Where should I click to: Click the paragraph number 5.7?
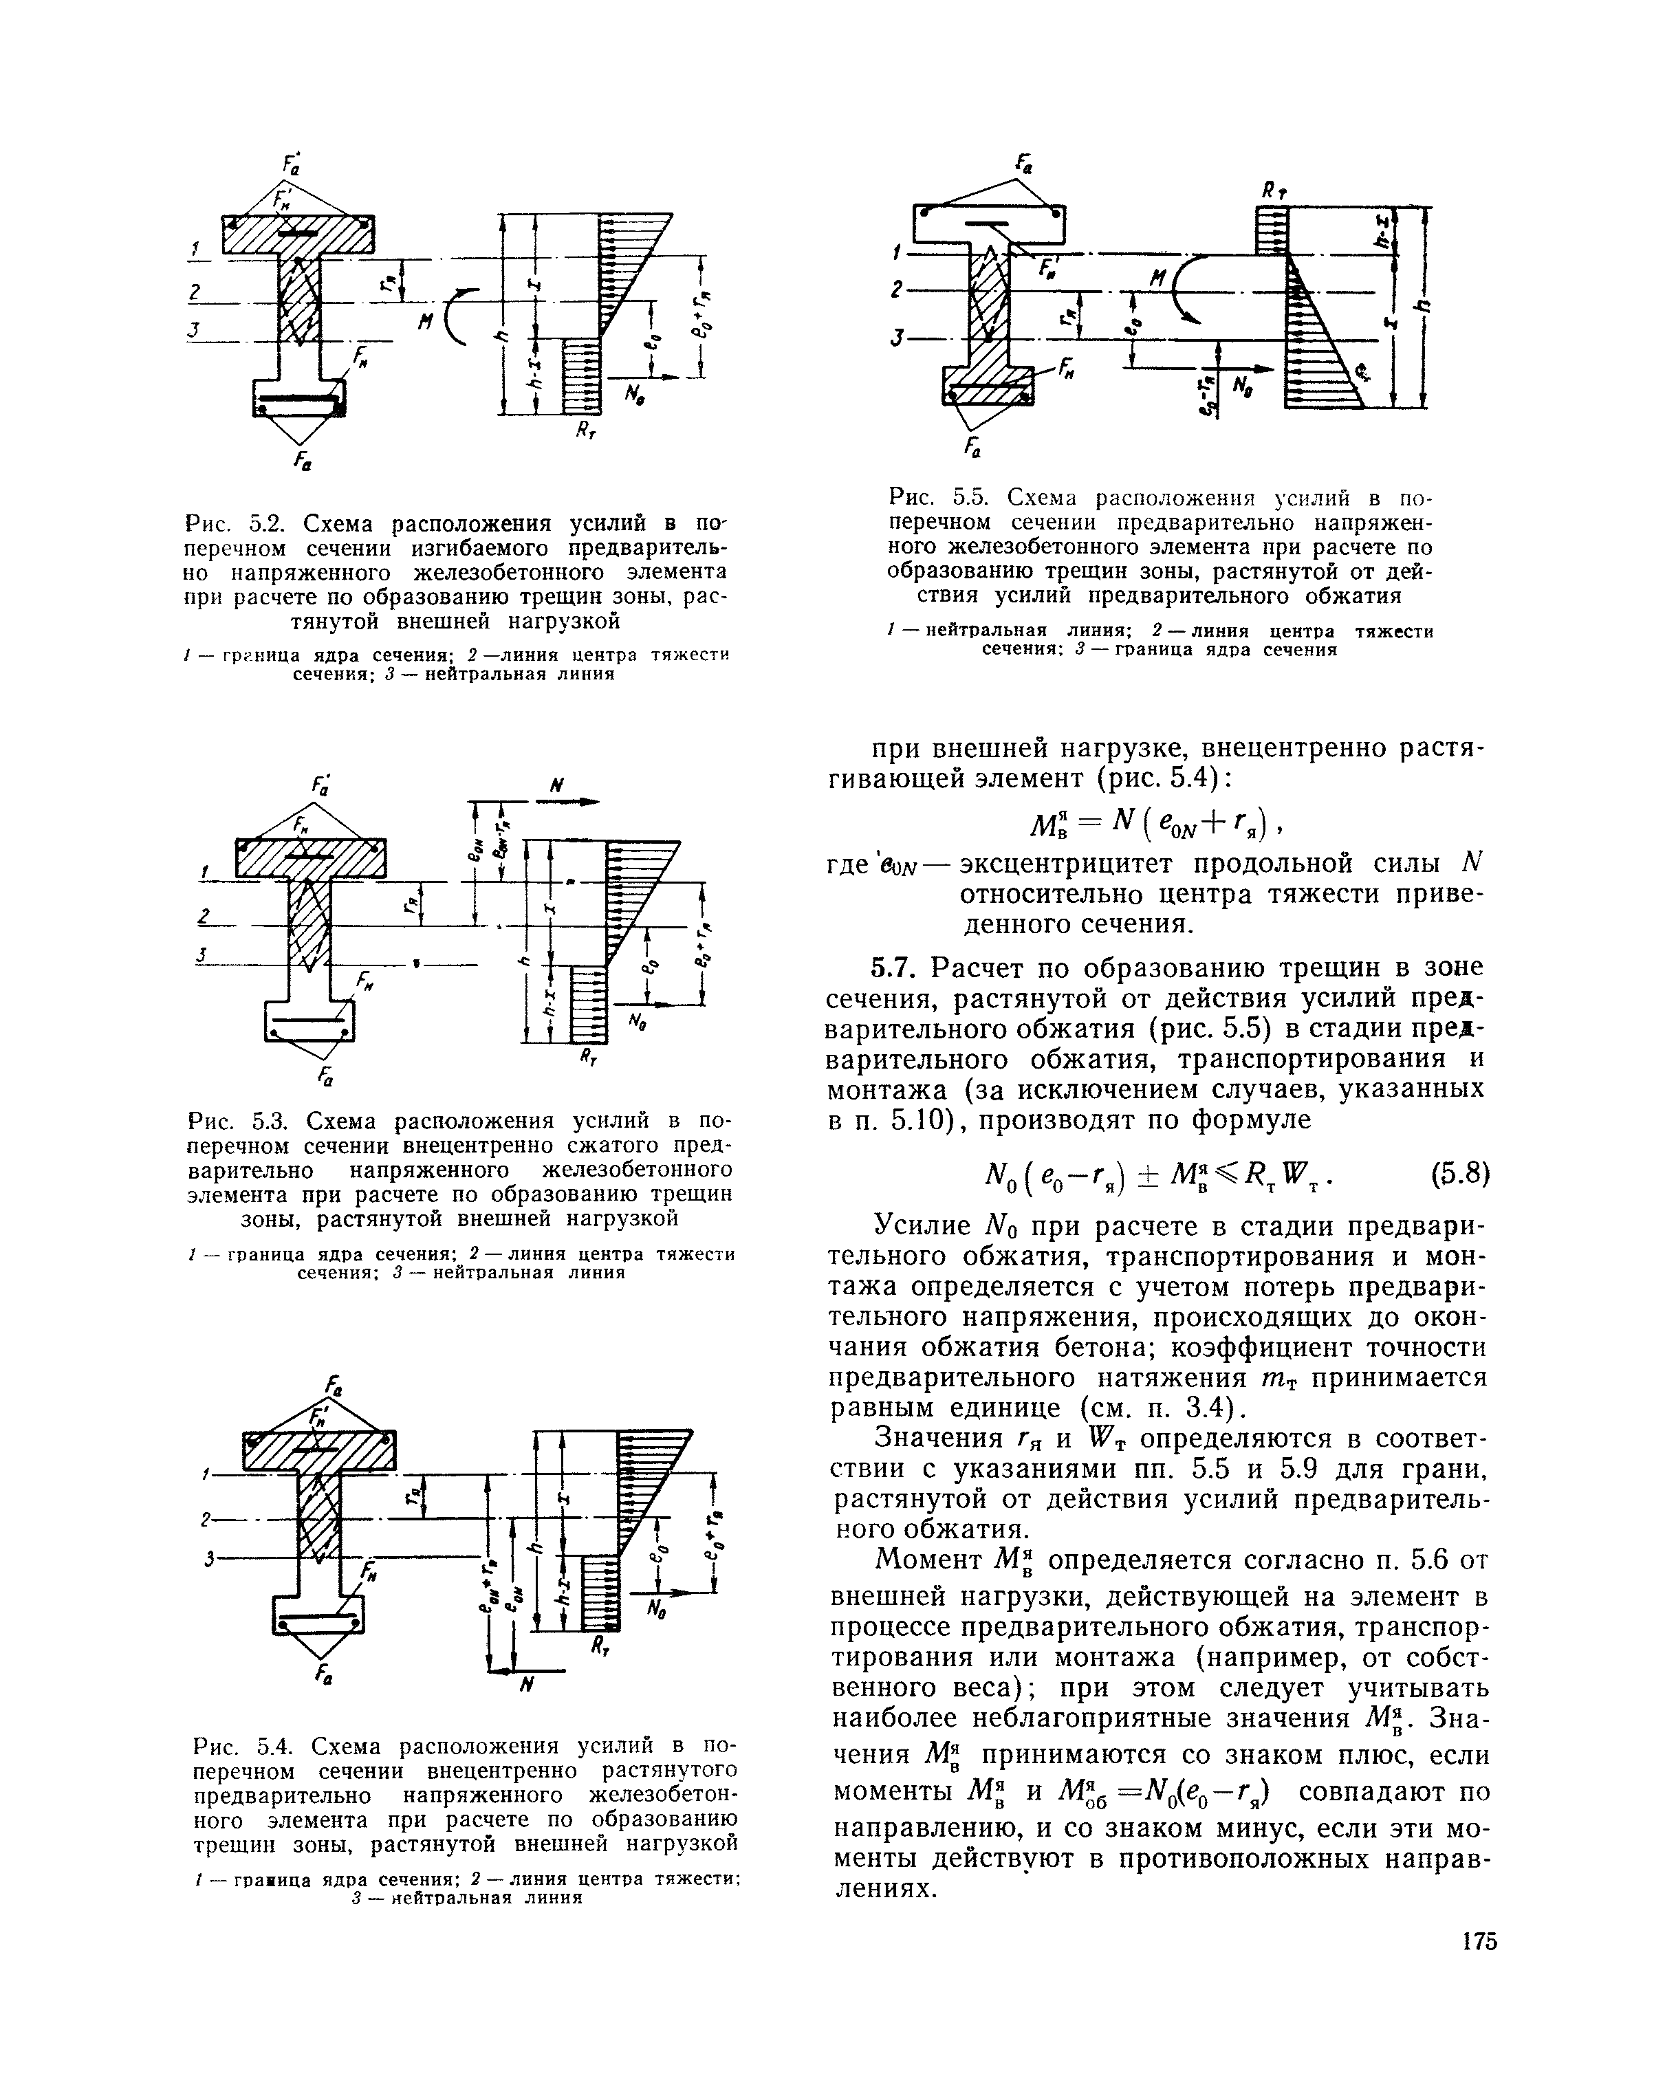[x=898, y=967]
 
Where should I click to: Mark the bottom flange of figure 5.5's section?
[x=988, y=385]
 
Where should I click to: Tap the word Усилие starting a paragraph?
[x=922, y=1225]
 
